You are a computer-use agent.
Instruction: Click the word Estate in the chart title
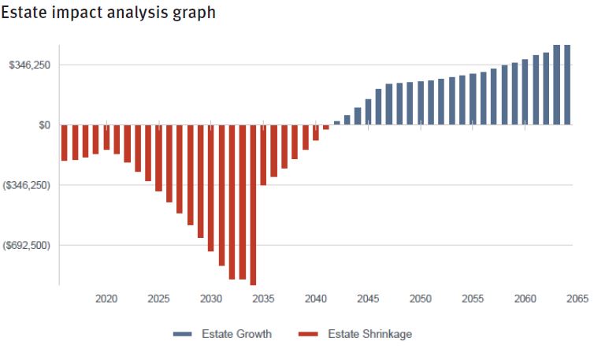pyautogui.click(x=26, y=13)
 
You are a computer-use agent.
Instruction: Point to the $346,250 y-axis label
pyautogui.click(x=29, y=65)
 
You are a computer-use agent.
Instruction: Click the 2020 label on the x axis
pyautogui.click(x=106, y=299)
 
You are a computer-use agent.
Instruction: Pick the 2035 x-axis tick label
pyautogui.click(x=264, y=299)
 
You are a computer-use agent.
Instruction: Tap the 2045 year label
pyautogui.click(x=369, y=299)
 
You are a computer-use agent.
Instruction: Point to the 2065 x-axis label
pyautogui.click(x=577, y=299)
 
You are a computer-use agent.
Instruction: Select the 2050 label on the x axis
pyautogui.click(x=421, y=299)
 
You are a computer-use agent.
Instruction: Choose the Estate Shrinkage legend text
pyautogui.click(x=369, y=334)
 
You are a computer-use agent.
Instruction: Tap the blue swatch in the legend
pyautogui.click(x=183, y=335)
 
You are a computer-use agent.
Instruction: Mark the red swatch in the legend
pyautogui.click(x=308, y=335)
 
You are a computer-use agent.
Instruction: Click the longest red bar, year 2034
pyautogui.click(x=253, y=205)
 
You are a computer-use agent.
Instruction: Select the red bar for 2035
pyautogui.click(x=264, y=154)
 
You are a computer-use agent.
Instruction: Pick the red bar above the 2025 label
pyautogui.click(x=158, y=158)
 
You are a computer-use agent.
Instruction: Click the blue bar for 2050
pyautogui.click(x=421, y=103)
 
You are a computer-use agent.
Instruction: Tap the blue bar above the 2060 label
pyautogui.click(x=525, y=92)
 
